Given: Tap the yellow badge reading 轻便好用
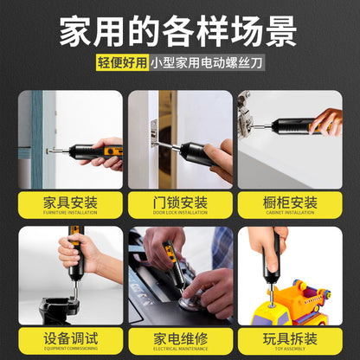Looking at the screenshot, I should [122, 63].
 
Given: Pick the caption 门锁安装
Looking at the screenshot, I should [180, 204].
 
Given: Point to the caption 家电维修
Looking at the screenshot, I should [180, 337].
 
